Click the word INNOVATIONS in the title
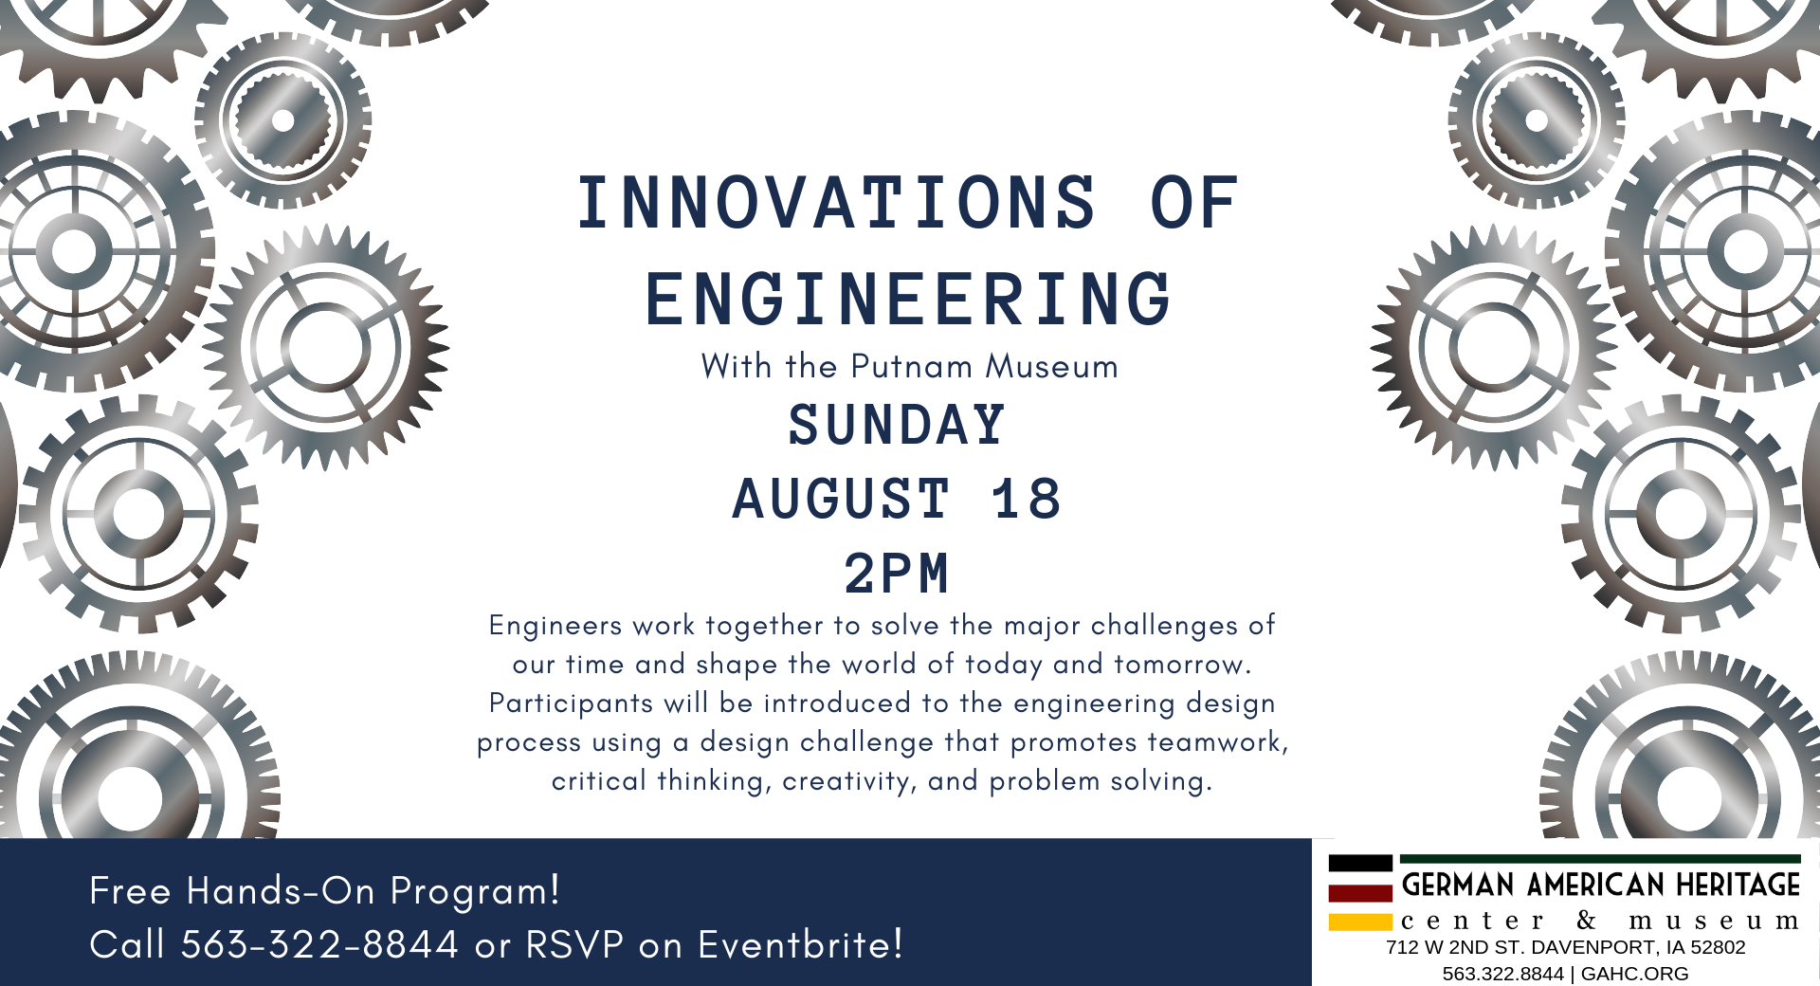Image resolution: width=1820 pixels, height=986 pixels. coord(836,203)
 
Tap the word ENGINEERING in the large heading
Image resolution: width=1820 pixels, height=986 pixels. coord(908,299)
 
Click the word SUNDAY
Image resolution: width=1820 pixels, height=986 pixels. coord(897,425)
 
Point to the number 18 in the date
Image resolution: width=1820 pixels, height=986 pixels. coord(1027,499)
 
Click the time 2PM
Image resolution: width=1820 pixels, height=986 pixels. coord(897,574)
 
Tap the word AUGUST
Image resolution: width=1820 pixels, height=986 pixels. coord(841,499)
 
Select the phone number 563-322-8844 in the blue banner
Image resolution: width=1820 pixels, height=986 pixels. coord(320,944)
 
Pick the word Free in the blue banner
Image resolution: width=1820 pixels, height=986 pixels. coord(130,891)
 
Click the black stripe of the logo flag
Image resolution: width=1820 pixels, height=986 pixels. coord(1360,863)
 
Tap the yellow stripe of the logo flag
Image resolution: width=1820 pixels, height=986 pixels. coord(1360,922)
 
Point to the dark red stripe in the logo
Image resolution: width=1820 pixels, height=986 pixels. coord(1360,892)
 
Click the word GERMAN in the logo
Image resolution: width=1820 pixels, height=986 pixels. coord(1458,886)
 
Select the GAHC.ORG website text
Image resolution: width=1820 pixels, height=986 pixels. coord(1635,974)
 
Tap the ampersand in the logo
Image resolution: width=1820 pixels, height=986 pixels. coord(1587,920)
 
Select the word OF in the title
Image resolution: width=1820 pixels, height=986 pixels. coord(1193,203)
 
